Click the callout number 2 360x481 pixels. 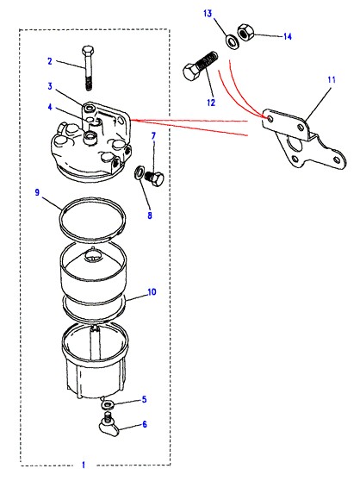[50, 61]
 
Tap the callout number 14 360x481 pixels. [288, 36]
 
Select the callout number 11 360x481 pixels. [332, 80]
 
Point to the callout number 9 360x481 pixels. [37, 192]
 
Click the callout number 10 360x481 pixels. [152, 291]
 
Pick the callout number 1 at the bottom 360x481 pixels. [84, 465]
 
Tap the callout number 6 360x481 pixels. [145, 424]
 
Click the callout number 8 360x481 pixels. [150, 215]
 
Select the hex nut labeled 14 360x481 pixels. [245, 32]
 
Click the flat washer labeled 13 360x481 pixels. [233, 42]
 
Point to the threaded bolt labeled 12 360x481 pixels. [201, 66]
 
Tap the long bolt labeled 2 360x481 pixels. [88, 68]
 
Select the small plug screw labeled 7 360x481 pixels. [154, 178]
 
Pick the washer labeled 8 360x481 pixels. [139, 173]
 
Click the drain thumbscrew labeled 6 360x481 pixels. [109, 426]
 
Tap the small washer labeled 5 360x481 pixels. [108, 404]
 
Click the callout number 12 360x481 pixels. [211, 103]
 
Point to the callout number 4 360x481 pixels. [50, 108]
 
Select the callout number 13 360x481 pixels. [208, 14]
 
